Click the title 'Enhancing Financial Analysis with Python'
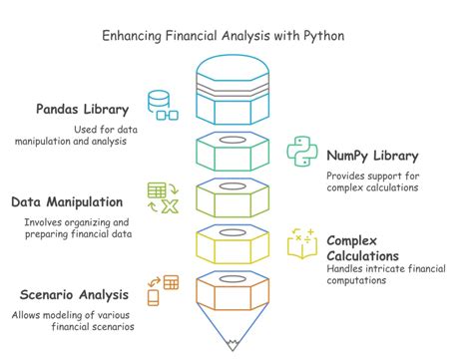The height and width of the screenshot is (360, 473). pos(236,36)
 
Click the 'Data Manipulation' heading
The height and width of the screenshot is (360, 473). pos(68,201)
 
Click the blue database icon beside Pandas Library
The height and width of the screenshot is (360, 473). pos(162,105)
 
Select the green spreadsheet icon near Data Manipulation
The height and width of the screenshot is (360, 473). pos(162,196)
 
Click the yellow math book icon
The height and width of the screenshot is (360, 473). pos(302,244)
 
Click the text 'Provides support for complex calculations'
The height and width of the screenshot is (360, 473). pos(373,182)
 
